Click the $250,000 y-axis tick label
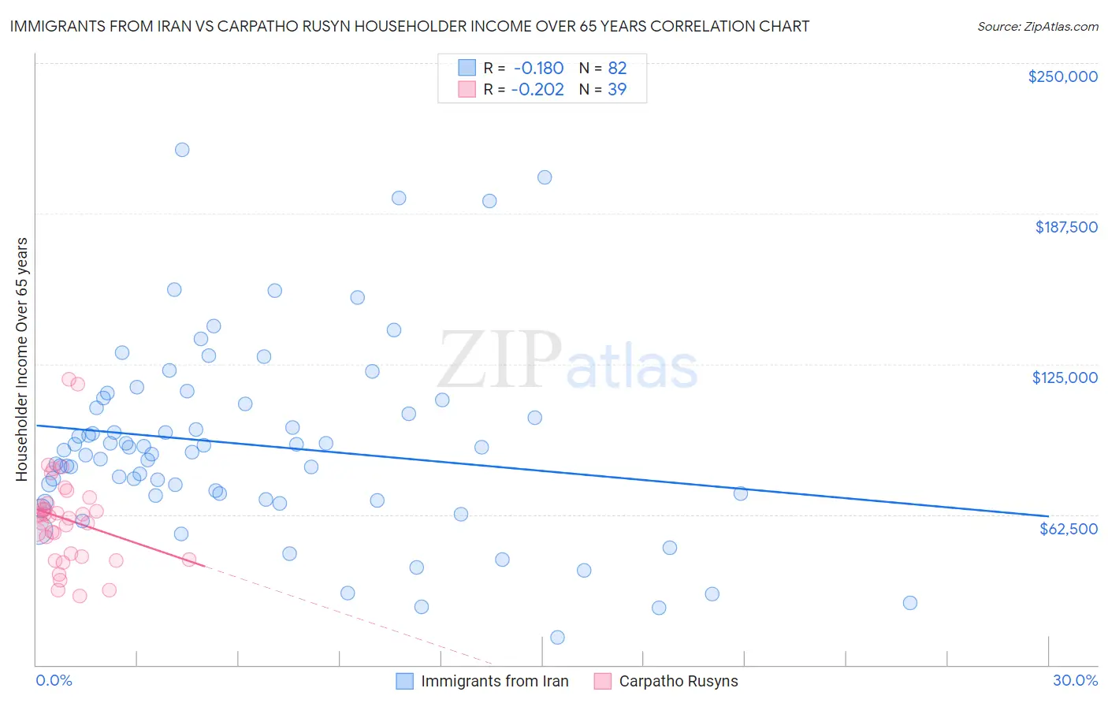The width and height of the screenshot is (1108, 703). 1062,76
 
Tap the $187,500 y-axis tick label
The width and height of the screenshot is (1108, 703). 1065,227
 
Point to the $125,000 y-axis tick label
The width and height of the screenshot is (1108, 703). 1065,378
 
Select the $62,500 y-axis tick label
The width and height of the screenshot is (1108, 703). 1068,529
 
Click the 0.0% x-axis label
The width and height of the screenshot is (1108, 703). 54,680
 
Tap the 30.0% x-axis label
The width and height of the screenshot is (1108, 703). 1075,680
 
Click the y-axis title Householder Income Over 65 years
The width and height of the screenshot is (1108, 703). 22,359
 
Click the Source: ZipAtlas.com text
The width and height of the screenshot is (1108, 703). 1037,27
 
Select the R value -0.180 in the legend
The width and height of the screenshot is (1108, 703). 538,69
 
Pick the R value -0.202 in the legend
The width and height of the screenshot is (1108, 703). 537,90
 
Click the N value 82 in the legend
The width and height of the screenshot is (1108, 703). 617,69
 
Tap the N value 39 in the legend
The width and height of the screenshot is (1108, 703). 617,90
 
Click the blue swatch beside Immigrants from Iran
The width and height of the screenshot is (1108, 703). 405,681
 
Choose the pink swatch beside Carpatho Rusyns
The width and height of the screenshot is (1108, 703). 603,681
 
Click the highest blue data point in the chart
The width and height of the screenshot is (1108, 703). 182,150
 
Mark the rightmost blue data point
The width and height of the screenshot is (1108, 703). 910,603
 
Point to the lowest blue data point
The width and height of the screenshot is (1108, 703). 557,638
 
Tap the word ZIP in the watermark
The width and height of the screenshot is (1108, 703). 499,361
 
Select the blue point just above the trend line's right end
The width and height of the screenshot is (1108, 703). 741,493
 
